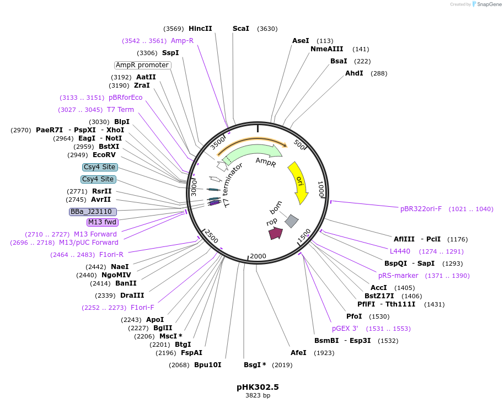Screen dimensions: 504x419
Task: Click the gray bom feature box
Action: pyautogui.click(x=291, y=221)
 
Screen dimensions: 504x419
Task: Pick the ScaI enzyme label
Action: pyautogui.click(x=241, y=29)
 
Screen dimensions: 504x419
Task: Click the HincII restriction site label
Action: pyautogui.click(x=200, y=29)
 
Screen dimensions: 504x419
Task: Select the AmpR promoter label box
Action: pyautogui.click(x=142, y=65)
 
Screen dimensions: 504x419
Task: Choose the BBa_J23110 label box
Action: pyautogui.click(x=93, y=212)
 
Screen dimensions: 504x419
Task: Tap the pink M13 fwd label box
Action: pyautogui.click(x=103, y=222)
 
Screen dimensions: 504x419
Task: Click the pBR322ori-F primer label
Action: pyautogui.click(x=421, y=209)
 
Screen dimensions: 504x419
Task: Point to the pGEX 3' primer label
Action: pyautogui.click(x=348, y=329)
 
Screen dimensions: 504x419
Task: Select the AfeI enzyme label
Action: pyautogui.click(x=298, y=353)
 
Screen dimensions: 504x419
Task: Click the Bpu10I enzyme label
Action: pyautogui.click(x=208, y=364)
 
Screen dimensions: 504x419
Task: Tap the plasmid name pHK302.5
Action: pyautogui.click(x=258, y=387)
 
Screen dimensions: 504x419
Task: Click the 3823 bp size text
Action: pyautogui.click(x=258, y=395)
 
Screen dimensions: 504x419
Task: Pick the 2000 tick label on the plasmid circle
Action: pyautogui.click(x=258, y=256)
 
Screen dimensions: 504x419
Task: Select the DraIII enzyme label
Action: pyautogui.click(x=132, y=296)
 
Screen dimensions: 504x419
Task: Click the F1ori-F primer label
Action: pyautogui.click(x=142, y=308)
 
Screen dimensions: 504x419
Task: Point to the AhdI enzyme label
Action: pyautogui.click(x=354, y=73)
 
